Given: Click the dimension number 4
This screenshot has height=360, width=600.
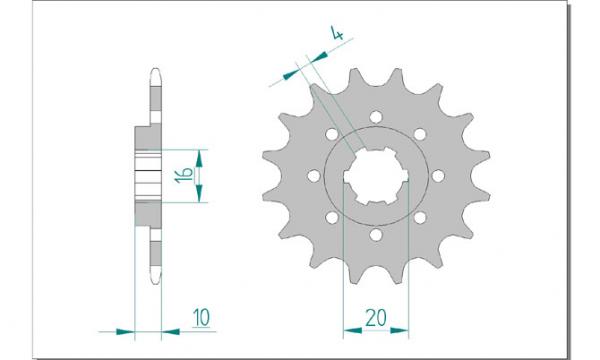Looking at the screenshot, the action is coord(337,34).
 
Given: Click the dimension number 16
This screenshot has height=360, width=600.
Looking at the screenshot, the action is coord(184,175).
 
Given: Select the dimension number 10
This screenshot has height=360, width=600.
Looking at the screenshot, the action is coord(201,318).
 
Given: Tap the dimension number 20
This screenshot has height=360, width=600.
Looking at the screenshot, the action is coord(376,318).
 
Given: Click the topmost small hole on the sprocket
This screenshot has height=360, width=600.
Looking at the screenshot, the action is coord(376,116).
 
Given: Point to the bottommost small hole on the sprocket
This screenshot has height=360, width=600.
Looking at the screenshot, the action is coord(376,235).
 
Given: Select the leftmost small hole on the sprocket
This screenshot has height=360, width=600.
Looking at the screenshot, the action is coord(314,176).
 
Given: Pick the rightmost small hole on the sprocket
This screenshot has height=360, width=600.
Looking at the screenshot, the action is coord(439,176).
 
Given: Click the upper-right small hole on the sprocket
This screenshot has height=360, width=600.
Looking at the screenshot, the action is coord(420,134).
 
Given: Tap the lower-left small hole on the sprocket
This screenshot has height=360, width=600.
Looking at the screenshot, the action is coord(332,218).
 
